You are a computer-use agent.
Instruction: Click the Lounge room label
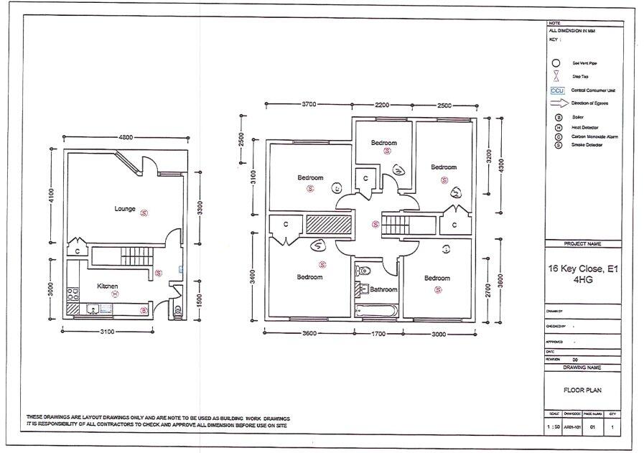[125, 209]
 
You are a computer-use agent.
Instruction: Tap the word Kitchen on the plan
[107, 286]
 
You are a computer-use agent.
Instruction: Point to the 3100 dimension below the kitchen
[107, 331]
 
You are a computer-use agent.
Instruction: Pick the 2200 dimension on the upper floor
[382, 105]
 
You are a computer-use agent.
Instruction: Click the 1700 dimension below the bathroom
[378, 334]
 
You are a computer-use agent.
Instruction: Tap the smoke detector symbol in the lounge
[144, 213]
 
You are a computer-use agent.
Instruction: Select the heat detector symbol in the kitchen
[114, 294]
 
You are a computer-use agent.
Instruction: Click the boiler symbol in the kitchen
[144, 310]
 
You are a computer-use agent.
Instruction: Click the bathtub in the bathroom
[375, 310]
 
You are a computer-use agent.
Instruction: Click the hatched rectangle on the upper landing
[327, 224]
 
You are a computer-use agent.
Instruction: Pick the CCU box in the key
[557, 90]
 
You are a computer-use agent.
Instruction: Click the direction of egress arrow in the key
[557, 103]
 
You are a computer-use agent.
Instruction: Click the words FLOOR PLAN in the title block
[582, 391]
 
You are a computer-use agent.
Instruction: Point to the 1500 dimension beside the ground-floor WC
[198, 295]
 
